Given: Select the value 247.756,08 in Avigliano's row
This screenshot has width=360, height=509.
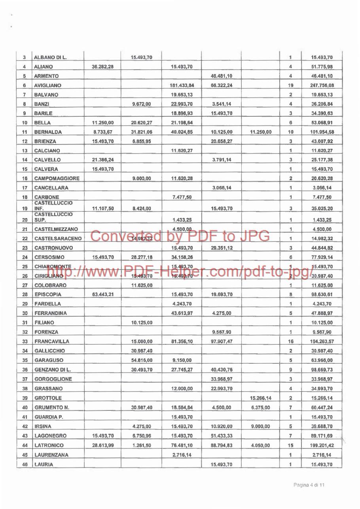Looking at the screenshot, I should pos(322,85).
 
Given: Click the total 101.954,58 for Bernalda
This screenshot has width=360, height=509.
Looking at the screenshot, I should pos(322,131).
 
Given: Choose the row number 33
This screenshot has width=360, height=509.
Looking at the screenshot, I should pos(25,341).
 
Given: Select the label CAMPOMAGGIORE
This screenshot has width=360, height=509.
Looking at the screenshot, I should pos(57,178).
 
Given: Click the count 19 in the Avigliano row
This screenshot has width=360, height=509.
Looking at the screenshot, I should pos(290,85).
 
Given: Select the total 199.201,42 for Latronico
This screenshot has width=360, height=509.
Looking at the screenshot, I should pos(322,445).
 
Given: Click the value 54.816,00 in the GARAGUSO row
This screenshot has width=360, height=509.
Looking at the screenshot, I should pos(141,360).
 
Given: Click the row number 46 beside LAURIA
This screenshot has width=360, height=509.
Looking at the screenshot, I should pos(25,464).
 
